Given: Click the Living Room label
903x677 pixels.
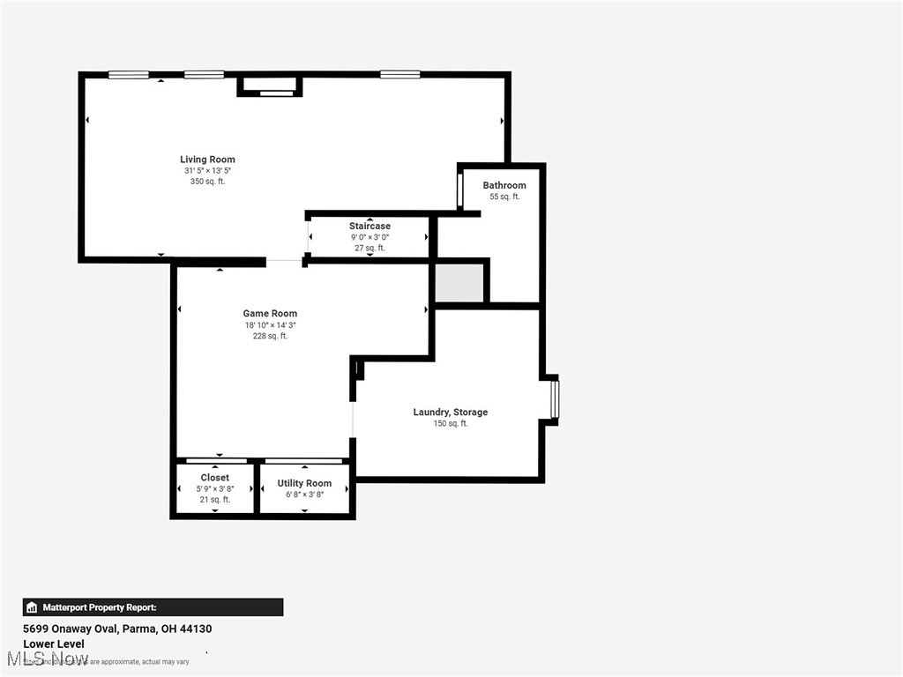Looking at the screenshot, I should (207, 160).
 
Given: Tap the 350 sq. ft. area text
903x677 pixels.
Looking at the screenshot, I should (207, 182).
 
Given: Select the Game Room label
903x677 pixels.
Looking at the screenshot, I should (270, 314).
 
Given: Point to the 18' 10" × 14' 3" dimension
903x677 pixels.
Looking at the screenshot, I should (270, 325).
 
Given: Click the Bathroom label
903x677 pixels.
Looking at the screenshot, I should (504, 185).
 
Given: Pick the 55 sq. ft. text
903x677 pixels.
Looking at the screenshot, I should (504, 197).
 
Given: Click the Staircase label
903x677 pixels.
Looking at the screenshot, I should (369, 227).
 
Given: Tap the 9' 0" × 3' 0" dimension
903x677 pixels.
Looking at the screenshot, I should (369, 237).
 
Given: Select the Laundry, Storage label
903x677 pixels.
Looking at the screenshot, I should (450, 413).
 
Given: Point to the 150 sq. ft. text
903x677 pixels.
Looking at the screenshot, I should (450, 424).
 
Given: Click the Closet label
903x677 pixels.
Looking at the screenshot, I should (214, 478).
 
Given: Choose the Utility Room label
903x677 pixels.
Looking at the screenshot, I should (304, 483).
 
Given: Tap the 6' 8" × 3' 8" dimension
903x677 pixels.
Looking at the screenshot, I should (304, 495).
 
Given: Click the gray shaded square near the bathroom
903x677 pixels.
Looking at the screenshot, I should (459, 282).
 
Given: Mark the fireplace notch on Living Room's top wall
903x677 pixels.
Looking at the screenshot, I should (270, 86).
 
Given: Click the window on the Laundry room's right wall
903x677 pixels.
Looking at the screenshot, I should (555, 398).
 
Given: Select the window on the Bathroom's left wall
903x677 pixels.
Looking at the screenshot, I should (459, 189).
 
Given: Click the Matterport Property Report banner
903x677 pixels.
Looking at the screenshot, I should (153, 607).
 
